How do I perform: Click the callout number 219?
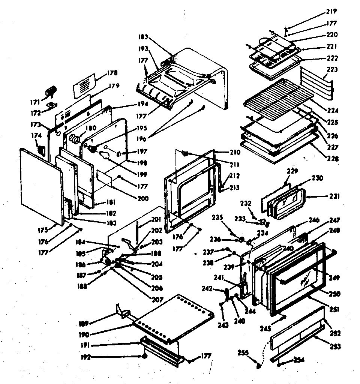[331, 11]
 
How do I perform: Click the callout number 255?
[243, 352]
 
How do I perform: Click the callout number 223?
[332, 70]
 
